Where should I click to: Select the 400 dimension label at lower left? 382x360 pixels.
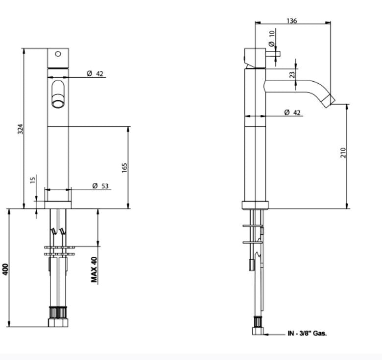point(5,269)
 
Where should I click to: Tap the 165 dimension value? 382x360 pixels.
point(124,167)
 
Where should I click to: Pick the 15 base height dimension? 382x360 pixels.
point(33,180)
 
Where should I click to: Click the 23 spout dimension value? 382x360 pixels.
point(292,75)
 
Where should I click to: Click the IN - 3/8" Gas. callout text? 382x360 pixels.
point(307,334)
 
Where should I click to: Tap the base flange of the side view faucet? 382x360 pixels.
point(255,205)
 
